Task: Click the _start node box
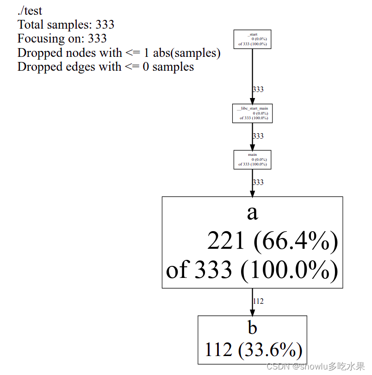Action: coord(252,39)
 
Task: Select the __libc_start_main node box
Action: coord(252,113)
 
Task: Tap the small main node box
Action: coord(252,160)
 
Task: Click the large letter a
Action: coord(252,212)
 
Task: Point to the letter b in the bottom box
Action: coord(252,328)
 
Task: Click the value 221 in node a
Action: coord(226,241)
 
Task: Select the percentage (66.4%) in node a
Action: coord(296,241)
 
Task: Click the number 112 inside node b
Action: coord(218,350)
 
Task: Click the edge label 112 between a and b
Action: coord(258,301)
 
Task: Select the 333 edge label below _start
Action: coord(258,90)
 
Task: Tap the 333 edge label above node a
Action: coord(258,182)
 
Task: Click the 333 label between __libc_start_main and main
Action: coord(258,136)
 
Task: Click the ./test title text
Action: coord(30,11)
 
